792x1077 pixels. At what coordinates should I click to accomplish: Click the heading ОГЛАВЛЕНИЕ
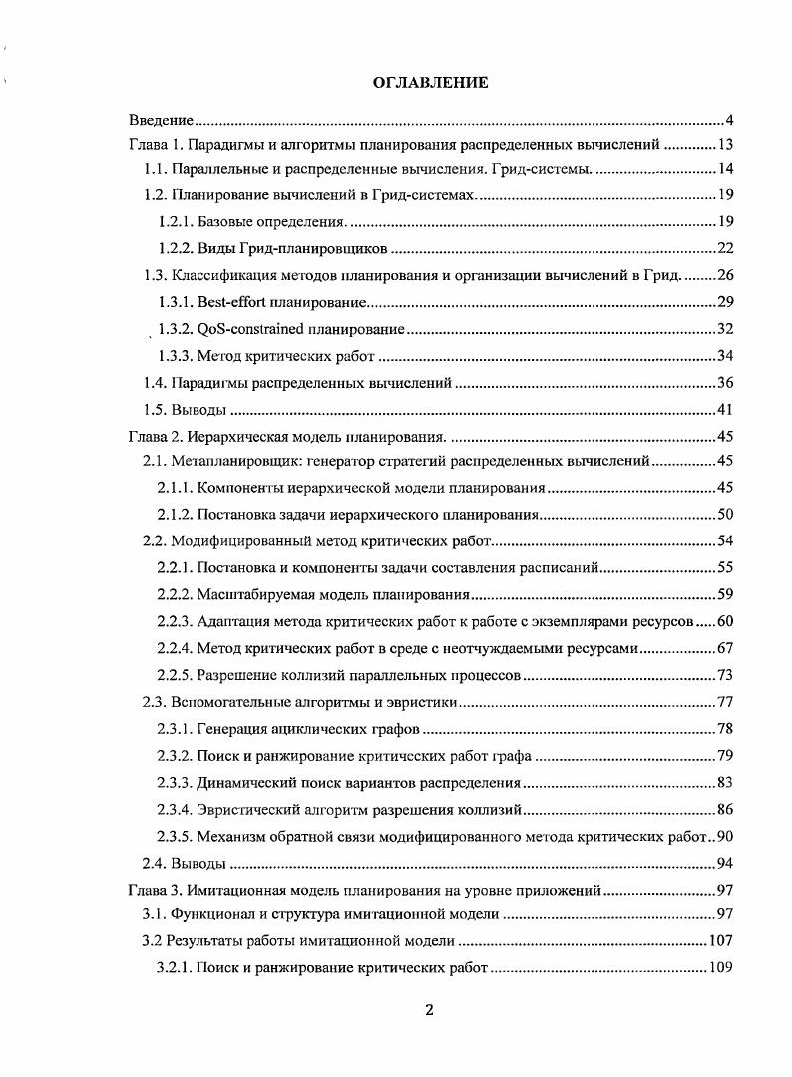pos(430,83)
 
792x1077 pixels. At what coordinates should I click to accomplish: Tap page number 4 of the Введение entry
pos(730,120)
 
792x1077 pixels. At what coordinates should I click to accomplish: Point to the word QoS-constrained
pos(253,328)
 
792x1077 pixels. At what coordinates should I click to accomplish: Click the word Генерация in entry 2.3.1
pos(232,730)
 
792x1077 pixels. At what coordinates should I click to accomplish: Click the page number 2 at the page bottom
pos(430,1009)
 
